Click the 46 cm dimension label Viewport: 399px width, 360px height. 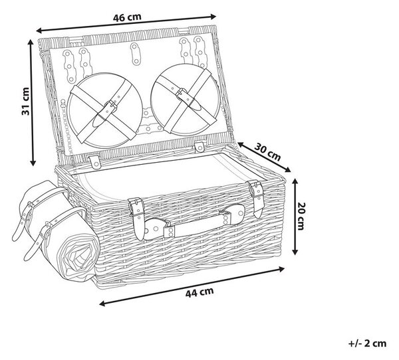[127, 17]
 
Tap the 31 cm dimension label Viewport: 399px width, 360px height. [25, 101]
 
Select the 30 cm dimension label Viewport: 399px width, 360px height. [268, 152]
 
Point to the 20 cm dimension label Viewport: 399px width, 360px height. [301, 216]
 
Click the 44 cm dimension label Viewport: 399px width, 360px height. [199, 292]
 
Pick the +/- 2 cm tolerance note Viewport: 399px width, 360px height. [368, 343]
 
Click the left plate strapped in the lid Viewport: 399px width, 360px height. [105, 111]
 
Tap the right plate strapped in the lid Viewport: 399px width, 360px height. [186, 100]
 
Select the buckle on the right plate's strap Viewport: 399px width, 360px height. [183, 94]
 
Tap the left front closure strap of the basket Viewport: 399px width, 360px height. [138, 218]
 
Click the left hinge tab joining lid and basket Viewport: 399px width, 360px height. [95, 161]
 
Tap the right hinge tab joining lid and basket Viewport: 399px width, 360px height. [199, 147]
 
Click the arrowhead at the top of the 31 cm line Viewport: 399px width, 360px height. [31, 43]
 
